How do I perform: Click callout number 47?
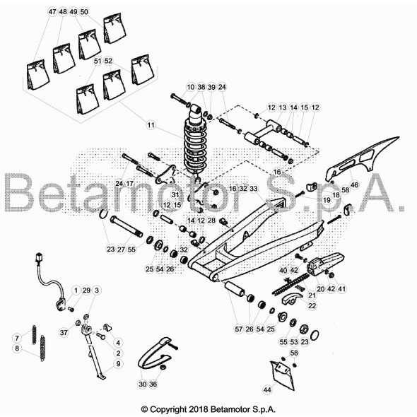coord(52,12)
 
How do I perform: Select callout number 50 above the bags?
coord(84,12)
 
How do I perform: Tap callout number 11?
coord(151,124)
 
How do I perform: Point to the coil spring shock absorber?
coord(196,140)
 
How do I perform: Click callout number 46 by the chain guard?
coord(355,184)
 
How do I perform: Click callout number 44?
coord(267,389)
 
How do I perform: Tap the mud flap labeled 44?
coord(283,375)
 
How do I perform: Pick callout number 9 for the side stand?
coord(118,363)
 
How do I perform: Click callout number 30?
coord(143,384)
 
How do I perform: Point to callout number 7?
coord(17,338)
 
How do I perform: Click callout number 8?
coord(17,348)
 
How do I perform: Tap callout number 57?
coord(239,329)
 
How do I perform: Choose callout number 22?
coord(312,305)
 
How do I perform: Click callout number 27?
coord(121,249)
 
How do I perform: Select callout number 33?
coord(254,189)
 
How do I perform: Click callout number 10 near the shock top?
coord(190,87)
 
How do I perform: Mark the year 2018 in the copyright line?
coord(199,409)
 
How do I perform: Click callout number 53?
coord(294,342)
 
